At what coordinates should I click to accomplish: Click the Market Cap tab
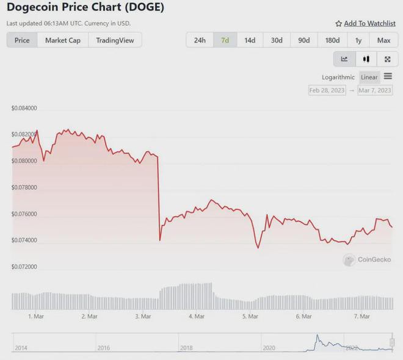coord(63,40)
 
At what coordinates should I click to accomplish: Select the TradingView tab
coord(115,40)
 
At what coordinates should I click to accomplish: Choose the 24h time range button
coord(200,40)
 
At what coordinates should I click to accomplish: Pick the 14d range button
coord(250,40)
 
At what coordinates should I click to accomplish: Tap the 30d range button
coord(277,40)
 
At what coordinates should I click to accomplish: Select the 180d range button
coord(332,40)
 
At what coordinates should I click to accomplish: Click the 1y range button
coord(358,40)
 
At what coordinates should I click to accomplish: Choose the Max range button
coord(383,40)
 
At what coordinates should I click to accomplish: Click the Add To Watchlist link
coord(365,23)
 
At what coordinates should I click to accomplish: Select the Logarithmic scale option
coord(338,77)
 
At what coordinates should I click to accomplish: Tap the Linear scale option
coord(369,77)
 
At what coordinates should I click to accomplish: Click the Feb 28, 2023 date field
coord(327,90)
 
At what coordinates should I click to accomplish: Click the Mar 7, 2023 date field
coord(375,90)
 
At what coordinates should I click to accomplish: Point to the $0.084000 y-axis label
coord(24,109)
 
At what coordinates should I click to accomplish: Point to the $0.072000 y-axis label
coord(24,267)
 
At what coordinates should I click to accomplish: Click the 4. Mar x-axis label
coord(197,317)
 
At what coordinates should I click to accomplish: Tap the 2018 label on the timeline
coord(186,348)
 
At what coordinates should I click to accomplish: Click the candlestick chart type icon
coord(366,59)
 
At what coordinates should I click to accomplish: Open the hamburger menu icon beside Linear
coord(388,77)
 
